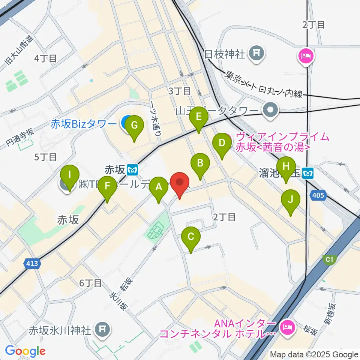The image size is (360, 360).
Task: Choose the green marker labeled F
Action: coord(108,189)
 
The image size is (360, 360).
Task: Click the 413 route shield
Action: coord(32,264)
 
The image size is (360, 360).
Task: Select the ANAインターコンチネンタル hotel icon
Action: coord(287,327)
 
